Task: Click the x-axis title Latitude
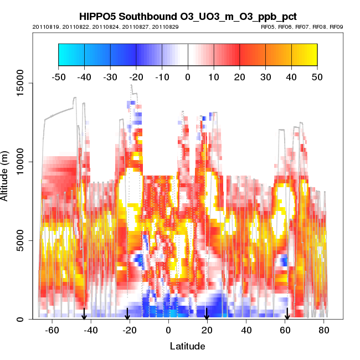click(187, 347)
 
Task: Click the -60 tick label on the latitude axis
click(52, 331)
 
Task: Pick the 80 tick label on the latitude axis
click(324, 331)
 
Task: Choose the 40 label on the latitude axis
click(246, 331)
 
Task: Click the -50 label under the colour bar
click(58, 76)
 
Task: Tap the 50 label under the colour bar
click(317, 76)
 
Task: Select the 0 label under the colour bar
click(188, 76)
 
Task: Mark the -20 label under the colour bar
click(136, 76)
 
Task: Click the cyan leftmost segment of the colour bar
click(71, 54)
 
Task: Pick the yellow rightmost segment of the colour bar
click(304, 54)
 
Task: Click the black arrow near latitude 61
click(287, 314)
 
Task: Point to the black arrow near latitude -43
click(84, 314)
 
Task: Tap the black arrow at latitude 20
click(207, 314)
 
